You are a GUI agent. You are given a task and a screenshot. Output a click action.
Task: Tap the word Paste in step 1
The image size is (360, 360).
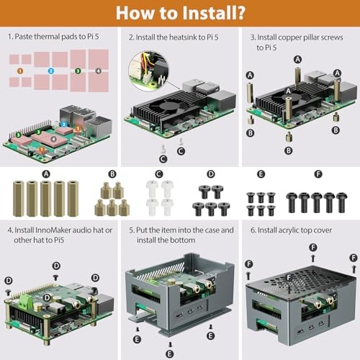[24, 37]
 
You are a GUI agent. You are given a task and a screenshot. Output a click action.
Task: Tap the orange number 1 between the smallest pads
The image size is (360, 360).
[20, 71]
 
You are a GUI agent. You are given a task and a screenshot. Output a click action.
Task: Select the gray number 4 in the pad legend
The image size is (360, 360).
[99, 71]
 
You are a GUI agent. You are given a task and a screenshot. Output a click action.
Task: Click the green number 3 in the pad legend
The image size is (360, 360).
[78, 71]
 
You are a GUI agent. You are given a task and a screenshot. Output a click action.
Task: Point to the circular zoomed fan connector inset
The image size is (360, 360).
[149, 71]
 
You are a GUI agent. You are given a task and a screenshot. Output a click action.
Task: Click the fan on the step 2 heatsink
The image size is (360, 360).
[172, 104]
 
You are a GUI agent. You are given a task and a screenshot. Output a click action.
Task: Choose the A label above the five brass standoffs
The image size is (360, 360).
[46, 174]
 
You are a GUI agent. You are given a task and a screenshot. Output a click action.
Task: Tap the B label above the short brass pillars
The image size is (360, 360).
[112, 174]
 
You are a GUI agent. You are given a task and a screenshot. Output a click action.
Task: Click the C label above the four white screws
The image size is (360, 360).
[159, 174]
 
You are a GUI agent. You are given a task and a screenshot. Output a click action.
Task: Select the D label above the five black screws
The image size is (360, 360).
[211, 174]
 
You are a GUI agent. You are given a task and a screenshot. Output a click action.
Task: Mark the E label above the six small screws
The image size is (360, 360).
[261, 174]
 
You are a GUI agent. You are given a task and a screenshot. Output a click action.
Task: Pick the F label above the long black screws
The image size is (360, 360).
[318, 174]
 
